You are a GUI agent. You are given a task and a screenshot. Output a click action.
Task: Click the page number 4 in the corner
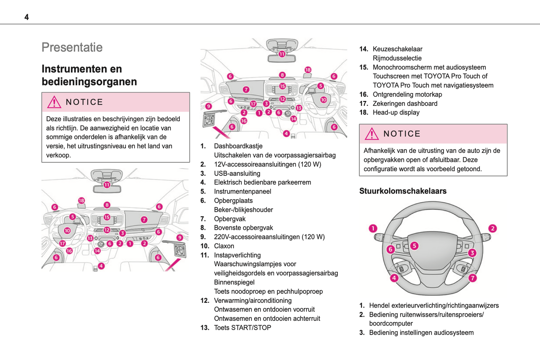(x=27, y=17)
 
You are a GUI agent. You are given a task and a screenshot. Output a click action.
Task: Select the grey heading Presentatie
(x=72, y=47)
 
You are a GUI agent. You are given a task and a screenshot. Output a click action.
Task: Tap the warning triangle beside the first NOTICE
(x=54, y=102)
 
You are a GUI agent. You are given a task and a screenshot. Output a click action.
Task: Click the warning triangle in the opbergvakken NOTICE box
(x=372, y=134)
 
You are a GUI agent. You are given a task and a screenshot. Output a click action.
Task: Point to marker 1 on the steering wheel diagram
(x=373, y=228)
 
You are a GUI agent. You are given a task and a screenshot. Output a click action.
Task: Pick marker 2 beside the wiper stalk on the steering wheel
(x=493, y=228)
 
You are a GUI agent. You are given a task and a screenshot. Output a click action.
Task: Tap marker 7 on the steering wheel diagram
(x=473, y=278)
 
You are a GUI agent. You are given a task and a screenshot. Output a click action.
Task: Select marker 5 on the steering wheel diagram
(x=414, y=246)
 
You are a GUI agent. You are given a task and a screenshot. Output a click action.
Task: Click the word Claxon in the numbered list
(x=224, y=246)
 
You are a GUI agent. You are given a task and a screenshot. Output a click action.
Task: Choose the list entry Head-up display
(x=396, y=113)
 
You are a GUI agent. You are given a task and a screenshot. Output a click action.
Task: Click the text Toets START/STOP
(x=242, y=328)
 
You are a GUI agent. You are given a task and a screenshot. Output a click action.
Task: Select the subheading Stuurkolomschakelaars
(x=402, y=191)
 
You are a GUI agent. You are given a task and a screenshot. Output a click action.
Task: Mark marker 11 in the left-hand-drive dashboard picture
(x=107, y=185)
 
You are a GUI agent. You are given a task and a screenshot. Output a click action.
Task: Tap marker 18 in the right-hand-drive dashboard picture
(x=308, y=70)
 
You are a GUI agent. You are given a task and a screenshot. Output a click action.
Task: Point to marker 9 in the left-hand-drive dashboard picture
(x=180, y=238)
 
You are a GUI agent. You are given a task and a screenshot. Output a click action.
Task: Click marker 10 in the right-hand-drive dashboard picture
(x=323, y=100)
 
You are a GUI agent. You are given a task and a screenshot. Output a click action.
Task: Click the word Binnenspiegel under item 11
(x=234, y=282)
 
